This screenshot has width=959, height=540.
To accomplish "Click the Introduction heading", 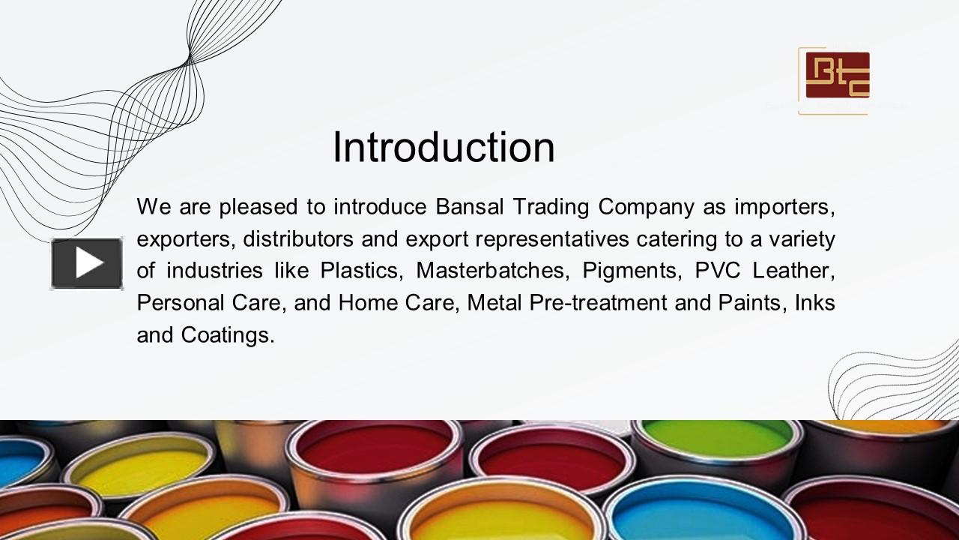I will coord(444,147).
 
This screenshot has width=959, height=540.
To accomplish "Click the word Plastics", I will coord(360,271).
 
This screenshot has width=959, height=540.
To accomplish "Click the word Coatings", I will coord(228,335).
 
